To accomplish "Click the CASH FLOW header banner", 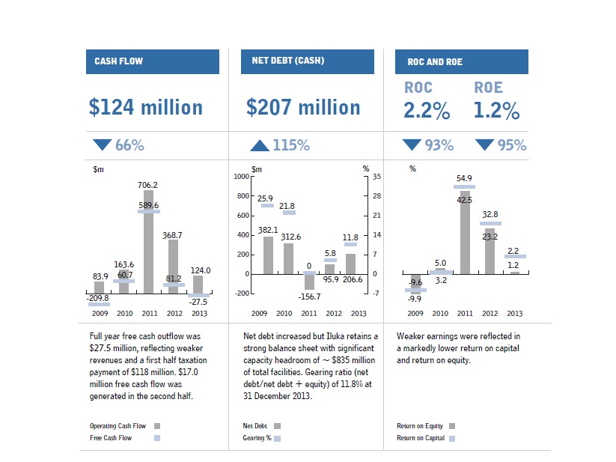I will [x=153, y=61].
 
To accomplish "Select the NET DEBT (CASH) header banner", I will [x=308, y=61].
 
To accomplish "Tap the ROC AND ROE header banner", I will [x=462, y=61].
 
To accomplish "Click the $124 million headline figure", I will [x=146, y=108].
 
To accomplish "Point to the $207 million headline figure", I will [x=303, y=108].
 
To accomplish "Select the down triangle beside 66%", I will [x=102, y=145].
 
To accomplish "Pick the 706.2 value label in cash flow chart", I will [x=147, y=184].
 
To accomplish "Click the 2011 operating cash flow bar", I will [x=148, y=247].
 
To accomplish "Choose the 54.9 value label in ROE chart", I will [x=465, y=178].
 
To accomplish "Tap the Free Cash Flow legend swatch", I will [x=156, y=438].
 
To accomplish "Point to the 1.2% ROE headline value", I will [x=496, y=112].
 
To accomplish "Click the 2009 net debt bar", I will [x=268, y=255].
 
